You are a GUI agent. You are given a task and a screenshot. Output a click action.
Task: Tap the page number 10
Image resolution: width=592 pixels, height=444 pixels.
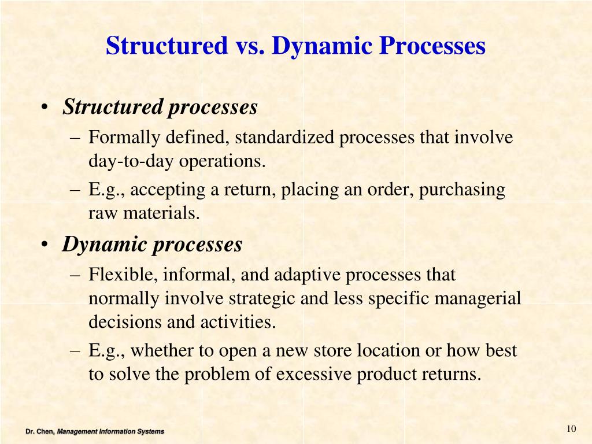(x=572, y=428)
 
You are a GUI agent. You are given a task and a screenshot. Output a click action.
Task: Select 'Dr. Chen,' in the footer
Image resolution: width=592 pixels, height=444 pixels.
(x=40, y=431)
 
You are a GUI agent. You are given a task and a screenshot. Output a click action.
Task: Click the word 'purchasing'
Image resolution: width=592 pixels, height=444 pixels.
(x=462, y=190)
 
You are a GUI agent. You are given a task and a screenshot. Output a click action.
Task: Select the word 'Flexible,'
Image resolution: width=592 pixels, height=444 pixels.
(x=123, y=275)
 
